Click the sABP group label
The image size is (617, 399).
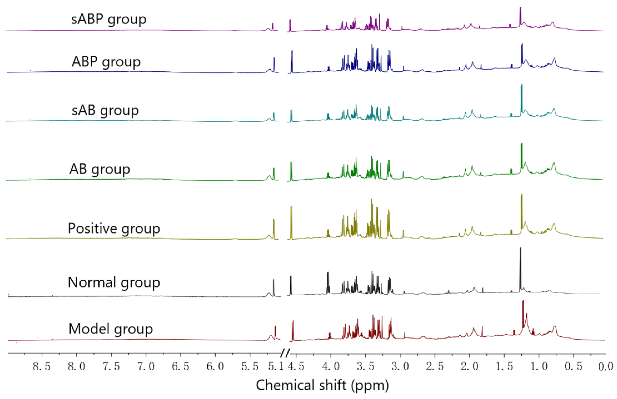point(109,19)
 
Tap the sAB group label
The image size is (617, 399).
point(105,111)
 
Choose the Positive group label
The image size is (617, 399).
point(114,229)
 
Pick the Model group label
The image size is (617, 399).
point(111,329)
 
